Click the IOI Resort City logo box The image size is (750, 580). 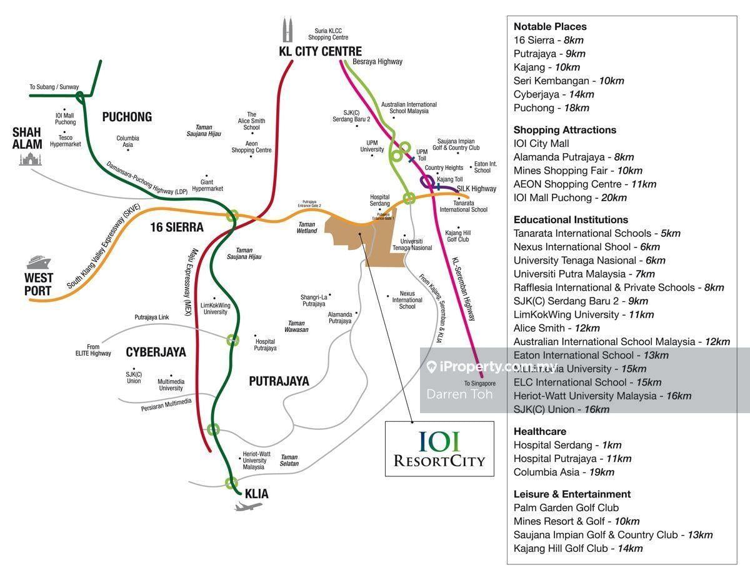click(x=439, y=449)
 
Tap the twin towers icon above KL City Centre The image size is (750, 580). click(x=287, y=30)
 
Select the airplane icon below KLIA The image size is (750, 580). click(x=248, y=506)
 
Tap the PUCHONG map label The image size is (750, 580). click(x=127, y=117)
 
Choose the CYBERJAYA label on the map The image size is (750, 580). click(x=156, y=352)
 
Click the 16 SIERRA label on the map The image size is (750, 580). click(x=177, y=227)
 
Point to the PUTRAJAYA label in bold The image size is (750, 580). click(x=279, y=381)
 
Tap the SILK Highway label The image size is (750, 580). click(x=476, y=189)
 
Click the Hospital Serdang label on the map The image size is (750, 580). click(x=379, y=200)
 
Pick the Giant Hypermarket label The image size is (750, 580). click(x=207, y=186)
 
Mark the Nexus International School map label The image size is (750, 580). click(x=407, y=300)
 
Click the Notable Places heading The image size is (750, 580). click(x=550, y=27)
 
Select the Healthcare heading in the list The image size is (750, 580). click(x=540, y=431)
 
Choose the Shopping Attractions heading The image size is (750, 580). click(x=565, y=130)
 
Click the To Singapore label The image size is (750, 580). click(x=479, y=384)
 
